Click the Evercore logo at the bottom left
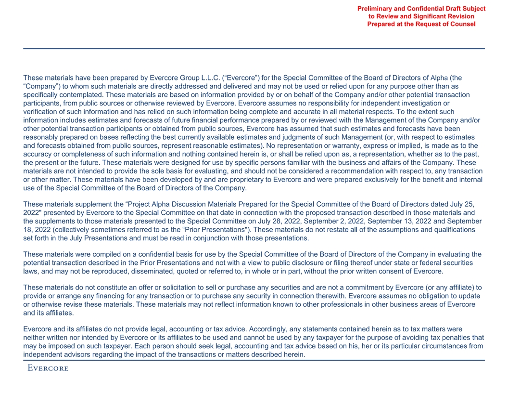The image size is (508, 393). pos(48,369)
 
